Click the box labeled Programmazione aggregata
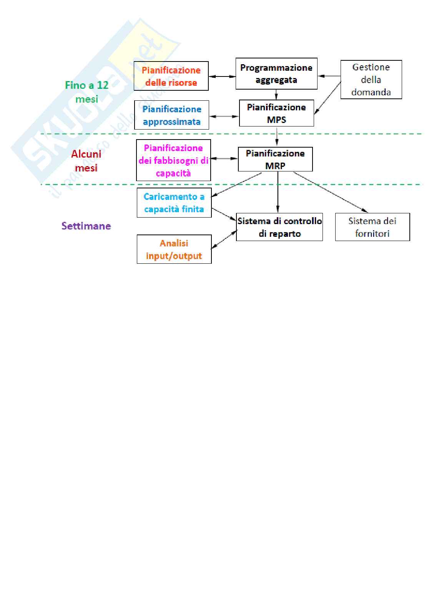coord(276,74)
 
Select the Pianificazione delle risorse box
coord(171,76)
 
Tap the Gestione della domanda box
coord(371,80)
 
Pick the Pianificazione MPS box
coord(276,113)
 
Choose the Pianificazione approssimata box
coord(171,115)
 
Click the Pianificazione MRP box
coord(275,159)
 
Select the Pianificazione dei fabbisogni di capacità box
coord(173,160)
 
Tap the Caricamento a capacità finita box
coord(174,203)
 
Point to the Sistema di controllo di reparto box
coord(279,227)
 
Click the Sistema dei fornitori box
coord(372,227)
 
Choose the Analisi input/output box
coord(174,249)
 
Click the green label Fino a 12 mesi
coord(87,92)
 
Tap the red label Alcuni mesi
coord(86,161)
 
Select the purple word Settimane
coord(86,226)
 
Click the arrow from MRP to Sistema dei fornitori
coord(331,192)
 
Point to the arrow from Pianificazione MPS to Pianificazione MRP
coord(277,136)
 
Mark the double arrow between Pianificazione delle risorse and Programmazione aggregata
coord(222,76)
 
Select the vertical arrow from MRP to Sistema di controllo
coord(278,192)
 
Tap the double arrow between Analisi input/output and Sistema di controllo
coord(224,239)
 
